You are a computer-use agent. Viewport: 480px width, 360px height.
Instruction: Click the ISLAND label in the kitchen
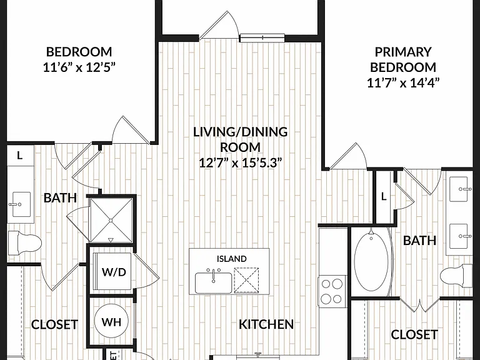pyautogui.click(x=231, y=259)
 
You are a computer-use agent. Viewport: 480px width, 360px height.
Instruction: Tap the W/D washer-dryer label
pyautogui.click(x=114, y=272)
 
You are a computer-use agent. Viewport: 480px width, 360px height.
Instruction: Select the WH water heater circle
pyautogui.click(x=111, y=321)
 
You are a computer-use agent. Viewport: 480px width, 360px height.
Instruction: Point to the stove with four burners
pyautogui.click(x=332, y=291)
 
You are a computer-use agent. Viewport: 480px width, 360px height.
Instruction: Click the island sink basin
pyautogui.click(x=213, y=282)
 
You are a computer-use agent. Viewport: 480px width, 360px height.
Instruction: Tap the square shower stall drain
pyautogui.click(x=111, y=220)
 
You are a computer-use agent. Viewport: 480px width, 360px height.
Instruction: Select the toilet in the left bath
pyautogui.click(x=24, y=244)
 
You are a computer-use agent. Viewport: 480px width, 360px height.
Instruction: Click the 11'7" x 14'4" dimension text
pyautogui.click(x=403, y=82)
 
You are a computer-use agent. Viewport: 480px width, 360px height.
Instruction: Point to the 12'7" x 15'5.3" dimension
pyautogui.click(x=240, y=162)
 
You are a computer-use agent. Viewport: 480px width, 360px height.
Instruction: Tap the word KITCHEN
pyautogui.click(x=266, y=324)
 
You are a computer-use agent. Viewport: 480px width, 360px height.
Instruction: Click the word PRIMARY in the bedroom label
pyautogui.click(x=403, y=52)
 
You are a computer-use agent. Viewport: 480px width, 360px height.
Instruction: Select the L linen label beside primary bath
pyautogui.click(x=384, y=196)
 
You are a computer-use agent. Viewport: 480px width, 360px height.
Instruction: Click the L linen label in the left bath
pyautogui.click(x=19, y=156)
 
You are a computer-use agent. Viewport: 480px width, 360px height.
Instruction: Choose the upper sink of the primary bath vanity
pyautogui.click(x=459, y=189)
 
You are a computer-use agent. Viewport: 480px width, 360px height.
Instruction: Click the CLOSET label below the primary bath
pyautogui.click(x=414, y=334)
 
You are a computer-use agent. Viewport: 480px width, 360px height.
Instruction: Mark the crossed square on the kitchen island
pyautogui.click(x=246, y=281)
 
